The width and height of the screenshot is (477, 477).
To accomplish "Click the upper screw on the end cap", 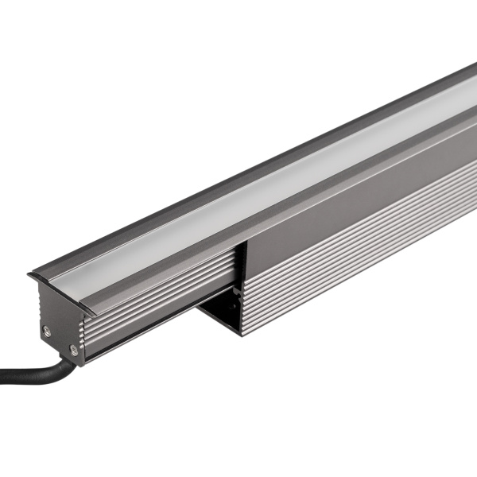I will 48,330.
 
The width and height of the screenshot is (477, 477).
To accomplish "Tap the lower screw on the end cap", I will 73,349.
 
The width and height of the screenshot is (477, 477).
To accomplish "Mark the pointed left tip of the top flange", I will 29,276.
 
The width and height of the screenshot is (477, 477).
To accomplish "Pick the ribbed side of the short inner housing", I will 159,310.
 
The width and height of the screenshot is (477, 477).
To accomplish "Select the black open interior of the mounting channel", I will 227,310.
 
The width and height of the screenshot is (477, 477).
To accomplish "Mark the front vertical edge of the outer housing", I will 242,286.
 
